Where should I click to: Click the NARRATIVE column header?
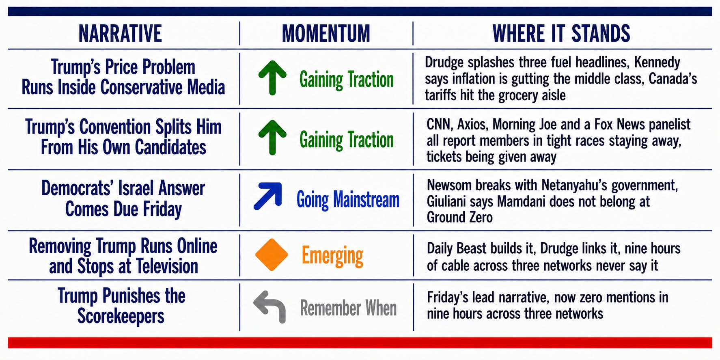[120, 34]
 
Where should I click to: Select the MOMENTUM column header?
[326, 34]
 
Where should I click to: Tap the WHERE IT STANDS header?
[561, 34]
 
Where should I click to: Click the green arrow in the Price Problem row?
[272, 78]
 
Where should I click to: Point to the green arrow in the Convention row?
[272, 138]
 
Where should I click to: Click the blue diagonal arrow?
[268, 196]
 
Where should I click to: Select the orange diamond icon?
[272, 254]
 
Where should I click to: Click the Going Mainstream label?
[348, 200]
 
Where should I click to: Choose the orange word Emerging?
[332, 256]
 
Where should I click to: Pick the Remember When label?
[348, 308]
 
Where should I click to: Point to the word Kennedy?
[657, 63]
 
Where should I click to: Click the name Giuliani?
[446, 201]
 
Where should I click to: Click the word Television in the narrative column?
[167, 267]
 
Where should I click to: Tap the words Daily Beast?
[456, 248]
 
